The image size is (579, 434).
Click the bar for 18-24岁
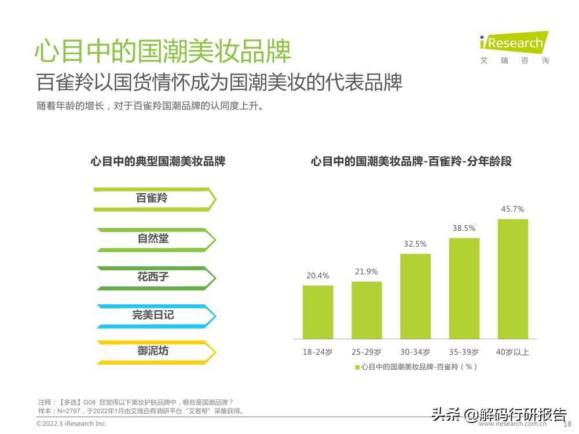pyautogui.click(x=317, y=312)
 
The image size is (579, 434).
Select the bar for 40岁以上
pyautogui.click(x=512, y=278)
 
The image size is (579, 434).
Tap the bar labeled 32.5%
pyautogui.click(x=415, y=296)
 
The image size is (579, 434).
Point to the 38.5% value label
pyautogui.click(x=464, y=229)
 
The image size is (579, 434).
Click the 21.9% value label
pyautogui.click(x=366, y=272)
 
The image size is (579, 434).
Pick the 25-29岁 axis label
pyautogui.click(x=366, y=352)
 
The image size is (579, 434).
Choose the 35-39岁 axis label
pyautogui.click(x=464, y=352)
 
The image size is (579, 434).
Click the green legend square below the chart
pyautogui.click(x=357, y=367)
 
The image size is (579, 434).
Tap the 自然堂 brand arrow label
pyautogui.click(x=153, y=238)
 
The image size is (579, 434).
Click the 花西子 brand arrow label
pyautogui.click(x=153, y=277)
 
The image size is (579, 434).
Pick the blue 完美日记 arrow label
pyautogui.click(x=153, y=315)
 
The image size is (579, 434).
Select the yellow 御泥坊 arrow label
pyautogui.click(x=153, y=351)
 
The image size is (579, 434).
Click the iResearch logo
pyautogui.click(x=513, y=44)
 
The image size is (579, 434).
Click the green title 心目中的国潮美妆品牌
pyautogui.click(x=163, y=51)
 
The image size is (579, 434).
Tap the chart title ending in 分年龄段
pyautogui.click(x=411, y=161)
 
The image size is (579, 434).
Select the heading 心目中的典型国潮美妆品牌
pyautogui.click(x=157, y=161)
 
